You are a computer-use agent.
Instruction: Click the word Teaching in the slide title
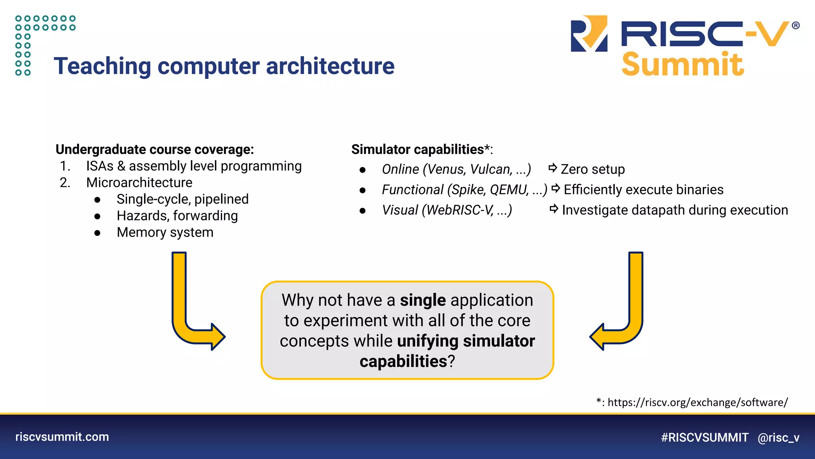coord(102,66)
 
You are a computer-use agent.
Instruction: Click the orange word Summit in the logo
coord(682,64)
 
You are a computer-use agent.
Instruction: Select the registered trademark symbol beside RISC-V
coord(796,25)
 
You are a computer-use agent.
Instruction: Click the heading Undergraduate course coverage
coord(154,149)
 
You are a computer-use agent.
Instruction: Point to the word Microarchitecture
coord(139,182)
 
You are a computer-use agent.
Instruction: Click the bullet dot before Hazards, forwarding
coord(97,216)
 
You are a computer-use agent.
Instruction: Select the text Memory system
coord(165,232)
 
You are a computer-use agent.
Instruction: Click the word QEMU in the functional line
coord(509,190)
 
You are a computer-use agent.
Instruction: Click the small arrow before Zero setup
coord(552,168)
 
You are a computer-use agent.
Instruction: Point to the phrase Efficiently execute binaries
coord(643,190)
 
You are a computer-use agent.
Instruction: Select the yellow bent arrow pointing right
coord(191,315)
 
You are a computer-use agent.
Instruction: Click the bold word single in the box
coord(423,300)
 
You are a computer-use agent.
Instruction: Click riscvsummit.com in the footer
coord(62,437)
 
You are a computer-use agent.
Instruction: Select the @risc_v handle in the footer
coord(778,437)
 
